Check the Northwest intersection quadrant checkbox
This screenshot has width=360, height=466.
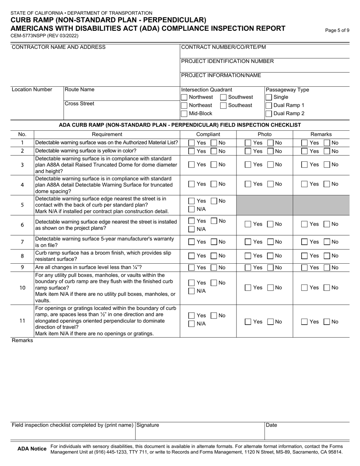point(184,97)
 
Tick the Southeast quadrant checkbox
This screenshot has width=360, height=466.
point(224,105)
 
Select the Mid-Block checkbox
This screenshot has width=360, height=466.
point(184,114)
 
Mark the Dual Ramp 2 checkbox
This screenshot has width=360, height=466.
point(269,114)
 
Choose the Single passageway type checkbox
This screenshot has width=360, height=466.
point(269,97)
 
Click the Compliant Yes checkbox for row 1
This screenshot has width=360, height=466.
point(192,143)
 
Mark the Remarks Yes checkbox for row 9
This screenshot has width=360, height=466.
point(305,267)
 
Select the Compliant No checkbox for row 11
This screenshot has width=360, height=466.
point(213,316)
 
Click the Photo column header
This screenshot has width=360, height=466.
point(265,134)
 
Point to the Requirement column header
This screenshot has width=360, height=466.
point(107,134)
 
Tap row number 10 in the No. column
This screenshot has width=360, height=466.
point(22,288)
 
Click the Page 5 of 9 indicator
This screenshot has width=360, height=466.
point(337,30)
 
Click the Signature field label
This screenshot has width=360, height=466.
point(148,425)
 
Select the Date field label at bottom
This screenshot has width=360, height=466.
point(271,425)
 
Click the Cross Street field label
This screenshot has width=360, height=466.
point(80,103)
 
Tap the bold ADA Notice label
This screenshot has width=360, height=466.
point(32,449)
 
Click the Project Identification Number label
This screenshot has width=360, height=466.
point(227,61)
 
